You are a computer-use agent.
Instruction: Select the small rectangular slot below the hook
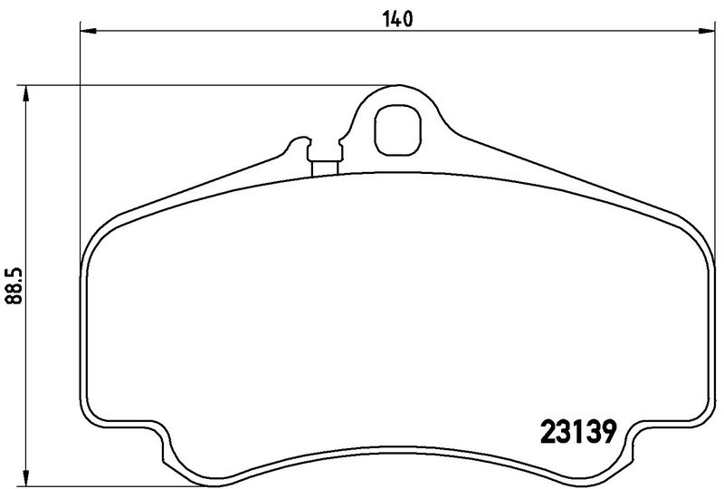pos(324,167)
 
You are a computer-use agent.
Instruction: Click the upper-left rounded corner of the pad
pos(100,235)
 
